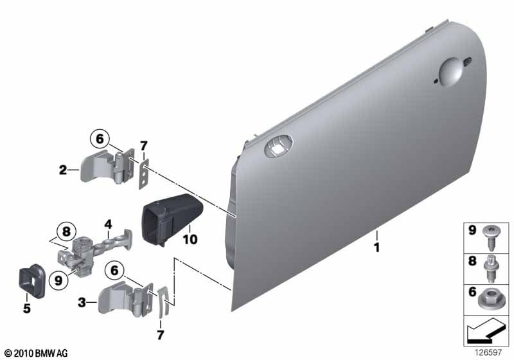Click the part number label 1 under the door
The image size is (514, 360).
tap(377, 248)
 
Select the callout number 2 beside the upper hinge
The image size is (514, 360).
tap(63, 170)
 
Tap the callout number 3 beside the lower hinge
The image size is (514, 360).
tap(82, 302)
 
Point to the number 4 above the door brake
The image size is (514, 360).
tap(108, 224)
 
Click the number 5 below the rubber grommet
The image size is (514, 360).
tap(27, 308)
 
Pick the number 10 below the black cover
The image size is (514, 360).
tap(190, 239)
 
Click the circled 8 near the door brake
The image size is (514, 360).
tap(66, 231)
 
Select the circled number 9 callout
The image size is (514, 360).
tap(58, 281)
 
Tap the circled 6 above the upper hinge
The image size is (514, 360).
tap(100, 139)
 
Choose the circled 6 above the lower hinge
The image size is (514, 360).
tap(114, 271)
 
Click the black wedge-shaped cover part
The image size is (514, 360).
tap(172, 219)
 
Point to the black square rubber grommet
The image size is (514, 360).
tap(31, 281)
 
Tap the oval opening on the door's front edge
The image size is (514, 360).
tap(278, 146)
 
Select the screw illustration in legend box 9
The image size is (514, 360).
tap(490, 238)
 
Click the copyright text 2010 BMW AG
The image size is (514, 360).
tap(36, 354)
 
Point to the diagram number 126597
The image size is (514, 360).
tap(488, 352)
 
